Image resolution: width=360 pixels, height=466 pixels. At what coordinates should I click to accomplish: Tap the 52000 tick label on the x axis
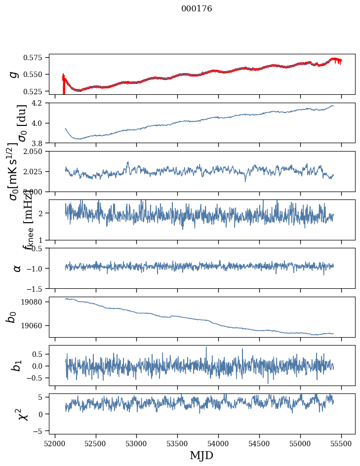[x=55, y=443]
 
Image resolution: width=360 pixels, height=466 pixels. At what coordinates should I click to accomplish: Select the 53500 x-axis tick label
[x=177, y=443]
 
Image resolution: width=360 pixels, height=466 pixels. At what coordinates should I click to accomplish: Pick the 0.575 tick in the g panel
[x=36, y=58]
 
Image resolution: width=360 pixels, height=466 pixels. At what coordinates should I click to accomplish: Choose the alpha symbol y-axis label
[x=17, y=268]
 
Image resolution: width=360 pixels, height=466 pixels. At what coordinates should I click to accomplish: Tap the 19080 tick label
[x=36, y=302]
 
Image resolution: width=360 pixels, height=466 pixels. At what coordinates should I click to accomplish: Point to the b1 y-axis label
[x=17, y=365]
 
